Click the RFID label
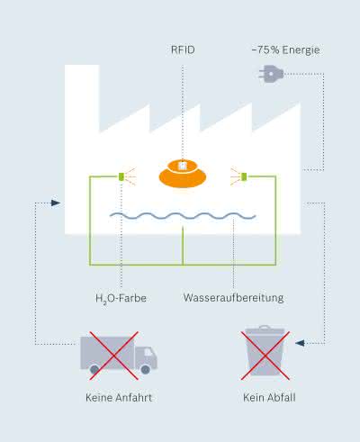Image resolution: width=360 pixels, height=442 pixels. (183, 50)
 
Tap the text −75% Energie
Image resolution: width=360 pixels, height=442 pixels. (285, 50)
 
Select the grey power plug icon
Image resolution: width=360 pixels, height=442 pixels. (271, 74)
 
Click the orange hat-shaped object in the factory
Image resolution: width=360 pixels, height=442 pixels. (183, 174)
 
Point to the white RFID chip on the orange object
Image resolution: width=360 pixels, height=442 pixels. (182, 166)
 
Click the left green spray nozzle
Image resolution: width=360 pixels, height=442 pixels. (121, 176)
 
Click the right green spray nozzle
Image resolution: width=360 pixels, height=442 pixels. (244, 176)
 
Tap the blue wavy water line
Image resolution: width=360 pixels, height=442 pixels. (183, 216)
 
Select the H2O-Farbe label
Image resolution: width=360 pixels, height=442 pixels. (121, 299)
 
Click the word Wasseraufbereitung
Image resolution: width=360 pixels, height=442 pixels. (233, 298)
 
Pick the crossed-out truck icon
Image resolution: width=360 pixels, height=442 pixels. (119, 356)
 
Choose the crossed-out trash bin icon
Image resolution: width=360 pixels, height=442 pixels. (265, 353)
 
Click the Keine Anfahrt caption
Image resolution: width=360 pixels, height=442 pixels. (119, 398)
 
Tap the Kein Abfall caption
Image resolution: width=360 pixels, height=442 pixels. (269, 398)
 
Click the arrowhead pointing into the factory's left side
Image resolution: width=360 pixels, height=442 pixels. (56, 203)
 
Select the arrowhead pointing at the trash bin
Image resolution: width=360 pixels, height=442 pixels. (300, 343)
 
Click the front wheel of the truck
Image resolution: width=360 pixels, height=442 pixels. (146, 369)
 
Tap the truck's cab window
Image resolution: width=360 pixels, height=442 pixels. (148, 352)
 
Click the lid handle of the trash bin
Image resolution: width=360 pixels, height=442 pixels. (265, 327)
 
